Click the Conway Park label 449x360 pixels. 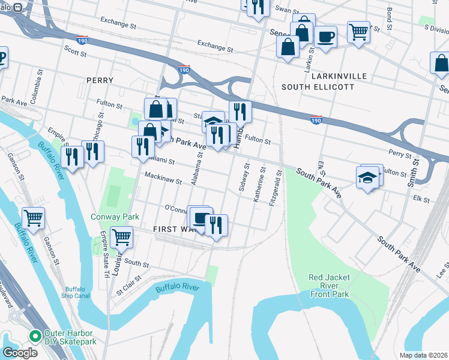pos(115,217)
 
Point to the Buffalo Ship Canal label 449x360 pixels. pos(76,291)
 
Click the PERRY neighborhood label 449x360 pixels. pos(100,80)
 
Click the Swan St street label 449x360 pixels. pos(286,10)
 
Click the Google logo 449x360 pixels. pos(20,352)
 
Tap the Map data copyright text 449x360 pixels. pos(424,355)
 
